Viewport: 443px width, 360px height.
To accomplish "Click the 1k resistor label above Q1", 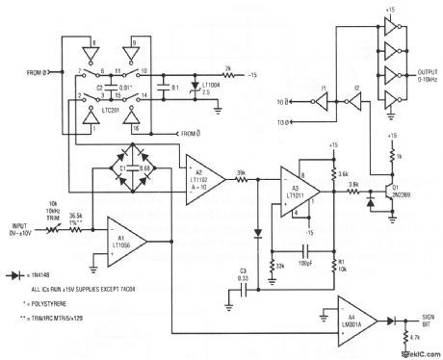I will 404,154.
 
